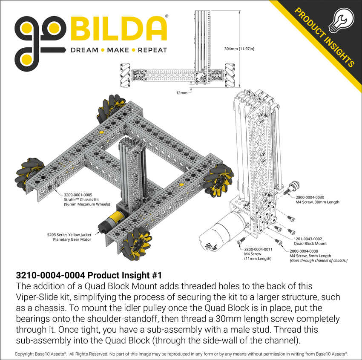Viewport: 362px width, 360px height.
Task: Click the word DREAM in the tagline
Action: click(84, 50)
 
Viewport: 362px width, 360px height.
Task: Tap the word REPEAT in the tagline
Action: click(152, 50)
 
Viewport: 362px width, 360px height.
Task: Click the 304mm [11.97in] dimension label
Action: click(239, 49)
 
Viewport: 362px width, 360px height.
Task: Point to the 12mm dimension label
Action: click(181, 92)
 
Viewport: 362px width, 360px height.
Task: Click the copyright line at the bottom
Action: click(181, 354)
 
